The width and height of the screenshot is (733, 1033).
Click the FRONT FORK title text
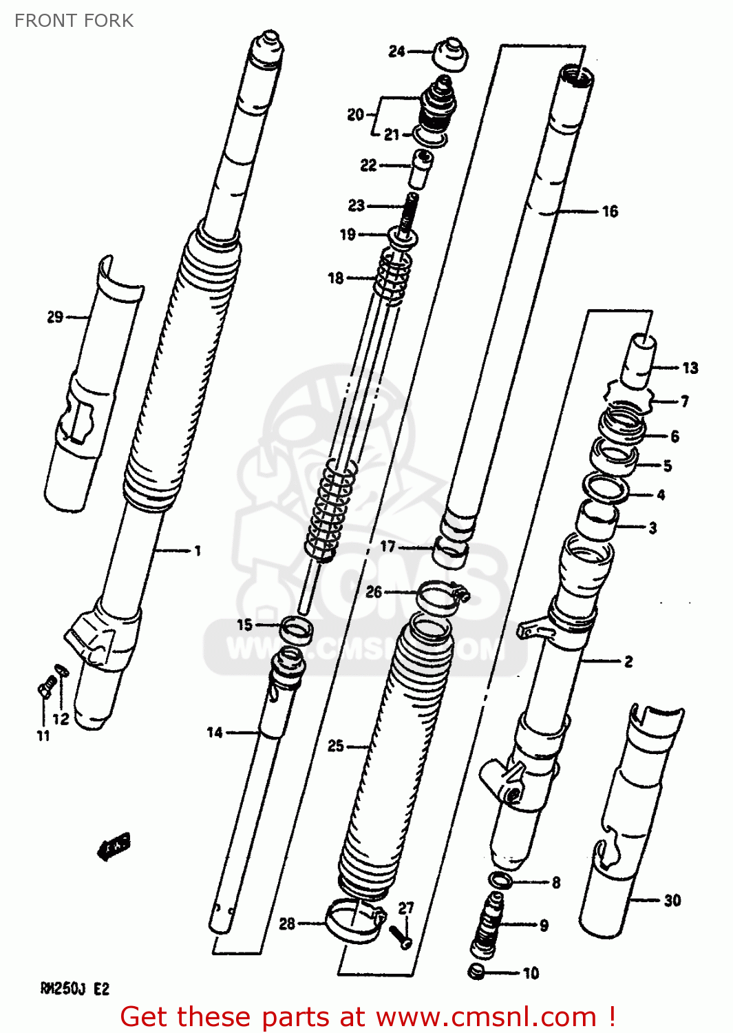pos(74,21)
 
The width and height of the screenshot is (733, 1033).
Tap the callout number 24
pos(396,51)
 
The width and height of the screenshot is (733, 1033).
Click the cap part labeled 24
pos(451,55)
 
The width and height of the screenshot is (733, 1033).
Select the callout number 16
pos(610,211)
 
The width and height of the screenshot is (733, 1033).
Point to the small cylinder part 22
pos(422,169)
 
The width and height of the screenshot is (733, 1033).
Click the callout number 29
pos(55,317)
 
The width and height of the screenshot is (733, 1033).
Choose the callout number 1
pos(198,550)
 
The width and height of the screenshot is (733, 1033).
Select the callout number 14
pos(215,733)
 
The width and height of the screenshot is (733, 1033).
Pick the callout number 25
pos(335,746)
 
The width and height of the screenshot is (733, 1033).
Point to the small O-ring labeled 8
pos(500,880)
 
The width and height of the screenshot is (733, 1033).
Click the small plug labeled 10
pos(476,972)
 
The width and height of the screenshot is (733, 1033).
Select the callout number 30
pos(672,900)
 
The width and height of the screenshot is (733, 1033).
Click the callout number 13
pos(690,368)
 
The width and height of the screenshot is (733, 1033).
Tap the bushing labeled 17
pos(450,550)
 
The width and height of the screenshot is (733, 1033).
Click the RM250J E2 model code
pos(74,989)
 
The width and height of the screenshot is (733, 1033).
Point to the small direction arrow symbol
pos(114,846)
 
